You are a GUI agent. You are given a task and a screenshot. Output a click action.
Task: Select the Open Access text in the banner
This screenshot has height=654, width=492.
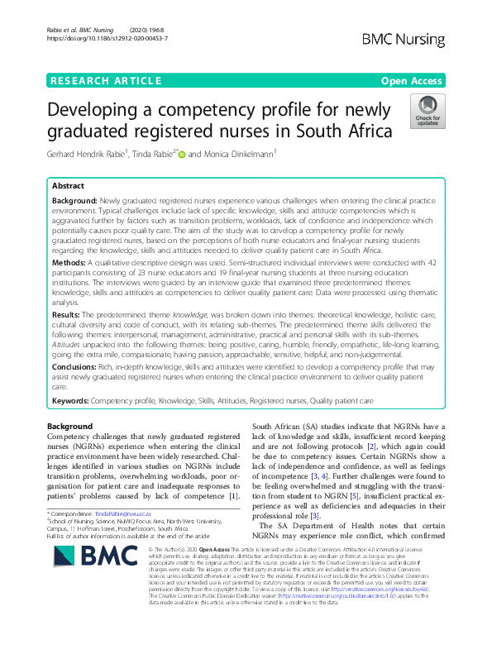[413, 80]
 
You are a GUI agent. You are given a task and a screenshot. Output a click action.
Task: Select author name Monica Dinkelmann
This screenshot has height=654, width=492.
[246, 154]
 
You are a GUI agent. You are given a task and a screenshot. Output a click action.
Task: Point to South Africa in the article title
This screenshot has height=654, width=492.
[348, 131]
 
